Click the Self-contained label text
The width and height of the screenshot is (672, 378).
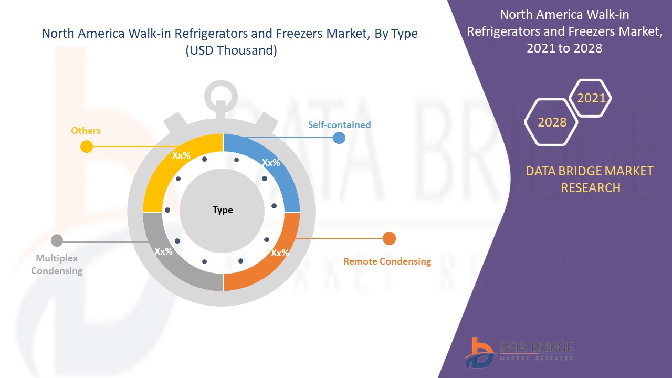[x=339, y=125]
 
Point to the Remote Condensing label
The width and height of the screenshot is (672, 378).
[x=387, y=261]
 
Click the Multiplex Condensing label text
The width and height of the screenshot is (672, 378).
[x=57, y=265]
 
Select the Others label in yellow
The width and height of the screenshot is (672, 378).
[x=86, y=130]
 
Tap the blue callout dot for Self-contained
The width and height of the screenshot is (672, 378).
[x=339, y=138]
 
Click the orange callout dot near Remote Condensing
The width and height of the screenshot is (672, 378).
[x=389, y=238]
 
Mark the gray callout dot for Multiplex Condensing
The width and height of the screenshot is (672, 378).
[x=57, y=241]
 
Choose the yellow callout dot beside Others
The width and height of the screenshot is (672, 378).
[x=87, y=147]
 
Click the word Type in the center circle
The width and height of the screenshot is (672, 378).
[x=223, y=210]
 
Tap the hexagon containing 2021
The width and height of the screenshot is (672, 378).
[x=591, y=98]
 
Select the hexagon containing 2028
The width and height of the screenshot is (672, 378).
[x=552, y=122]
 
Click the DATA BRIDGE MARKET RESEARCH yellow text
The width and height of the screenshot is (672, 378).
[x=590, y=179]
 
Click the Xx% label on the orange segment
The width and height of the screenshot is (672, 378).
[x=280, y=253]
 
